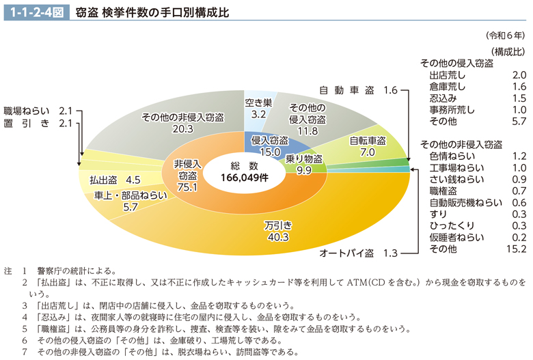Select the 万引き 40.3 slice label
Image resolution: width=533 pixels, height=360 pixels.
(x=277, y=231)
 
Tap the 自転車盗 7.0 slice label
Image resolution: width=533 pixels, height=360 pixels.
(x=368, y=146)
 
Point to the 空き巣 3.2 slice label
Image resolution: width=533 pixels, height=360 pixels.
(x=258, y=109)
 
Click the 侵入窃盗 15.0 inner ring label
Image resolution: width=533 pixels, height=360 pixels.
(x=266, y=146)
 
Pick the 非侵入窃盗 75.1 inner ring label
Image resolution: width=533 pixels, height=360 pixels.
(x=186, y=176)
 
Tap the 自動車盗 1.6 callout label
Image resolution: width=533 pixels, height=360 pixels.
(x=358, y=89)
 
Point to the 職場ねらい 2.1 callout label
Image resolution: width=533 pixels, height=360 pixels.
(x=38, y=111)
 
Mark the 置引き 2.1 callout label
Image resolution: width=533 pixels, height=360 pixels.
(x=38, y=123)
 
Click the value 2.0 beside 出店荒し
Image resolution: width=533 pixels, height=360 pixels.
(x=518, y=74)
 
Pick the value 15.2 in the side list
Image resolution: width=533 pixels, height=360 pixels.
(x=515, y=249)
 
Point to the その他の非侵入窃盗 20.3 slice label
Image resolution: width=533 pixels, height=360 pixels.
(x=182, y=122)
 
